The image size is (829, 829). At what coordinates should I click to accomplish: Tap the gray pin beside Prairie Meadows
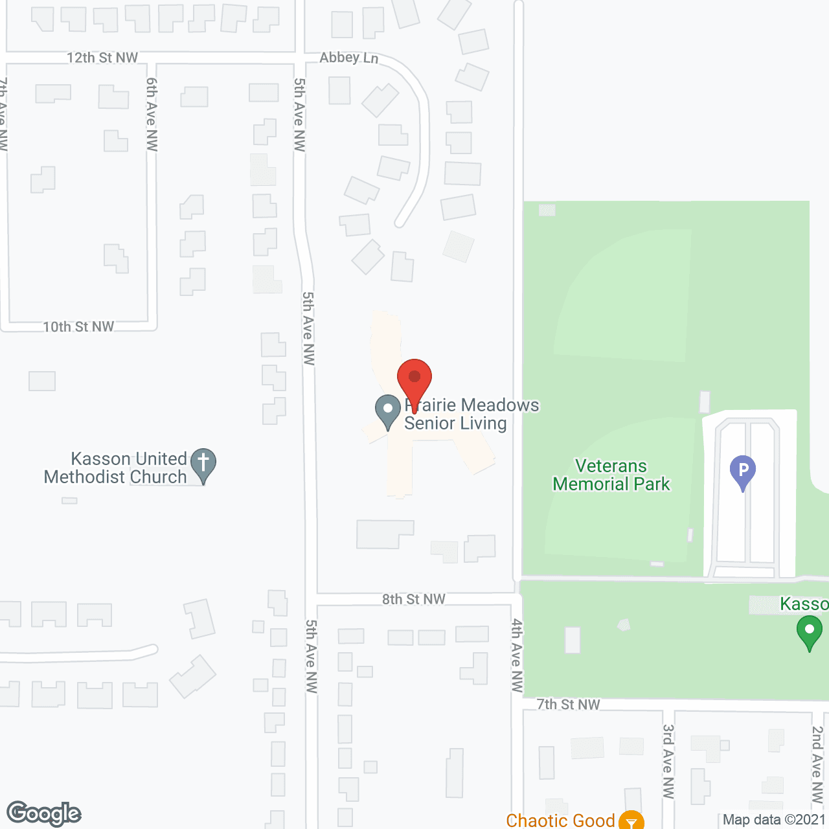tap(388, 411)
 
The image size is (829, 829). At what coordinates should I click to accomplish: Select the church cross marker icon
tap(203, 464)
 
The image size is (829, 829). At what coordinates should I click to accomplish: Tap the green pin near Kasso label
tap(809, 631)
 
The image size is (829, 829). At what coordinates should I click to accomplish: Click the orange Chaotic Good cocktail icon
tap(631, 821)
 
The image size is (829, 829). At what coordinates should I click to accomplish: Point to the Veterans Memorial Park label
tap(611, 475)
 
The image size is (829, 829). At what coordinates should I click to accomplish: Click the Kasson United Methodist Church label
tap(115, 468)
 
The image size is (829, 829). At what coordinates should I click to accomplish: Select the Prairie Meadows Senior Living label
tap(471, 414)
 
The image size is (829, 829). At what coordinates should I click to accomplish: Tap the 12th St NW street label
tap(102, 58)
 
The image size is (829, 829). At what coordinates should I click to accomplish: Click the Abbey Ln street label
tap(348, 58)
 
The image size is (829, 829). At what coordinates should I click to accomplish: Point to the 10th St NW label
tap(78, 327)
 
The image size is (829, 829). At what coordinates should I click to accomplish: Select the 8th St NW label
tap(413, 599)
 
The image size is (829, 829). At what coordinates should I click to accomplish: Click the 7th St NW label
tap(568, 704)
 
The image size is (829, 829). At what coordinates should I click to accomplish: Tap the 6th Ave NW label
tap(152, 114)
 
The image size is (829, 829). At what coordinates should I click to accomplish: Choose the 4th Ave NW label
tap(517, 655)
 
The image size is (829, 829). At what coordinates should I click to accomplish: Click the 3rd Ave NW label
tap(668, 761)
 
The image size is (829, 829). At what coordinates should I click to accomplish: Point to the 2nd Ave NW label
tap(817, 764)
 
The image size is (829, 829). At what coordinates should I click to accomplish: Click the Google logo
tap(43, 813)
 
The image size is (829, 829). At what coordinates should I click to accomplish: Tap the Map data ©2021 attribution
tap(774, 819)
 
